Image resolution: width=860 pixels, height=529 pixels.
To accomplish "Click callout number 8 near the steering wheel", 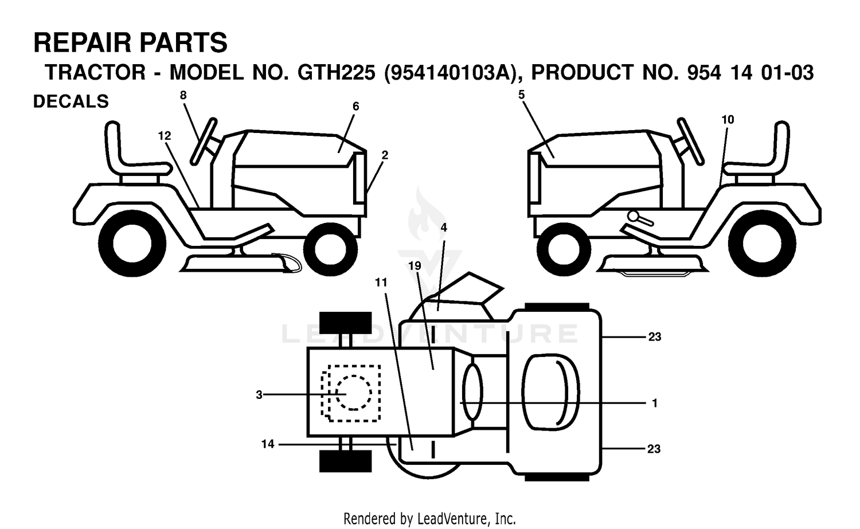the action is pyautogui.click(x=183, y=95).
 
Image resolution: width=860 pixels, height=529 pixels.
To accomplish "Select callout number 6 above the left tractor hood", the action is pyautogui.click(x=355, y=107).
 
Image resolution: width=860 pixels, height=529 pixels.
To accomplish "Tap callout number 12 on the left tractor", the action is pyautogui.click(x=165, y=135).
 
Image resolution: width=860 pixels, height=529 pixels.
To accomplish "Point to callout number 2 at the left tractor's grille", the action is pyautogui.click(x=385, y=155).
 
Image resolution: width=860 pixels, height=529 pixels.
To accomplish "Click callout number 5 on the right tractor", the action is pyautogui.click(x=521, y=95).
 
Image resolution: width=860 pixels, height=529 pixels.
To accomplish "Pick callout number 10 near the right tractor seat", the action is pyautogui.click(x=728, y=120).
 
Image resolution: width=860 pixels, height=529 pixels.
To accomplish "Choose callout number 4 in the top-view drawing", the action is pyautogui.click(x=443, y=228).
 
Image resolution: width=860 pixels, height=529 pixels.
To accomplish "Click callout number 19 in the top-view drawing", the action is pyautogui.click(x=415, y=266).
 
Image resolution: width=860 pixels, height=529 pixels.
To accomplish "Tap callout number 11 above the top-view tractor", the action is pyautogui.click(x=381, y=283).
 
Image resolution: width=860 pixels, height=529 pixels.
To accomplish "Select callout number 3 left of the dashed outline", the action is pyautogui.click(x=259, y=395).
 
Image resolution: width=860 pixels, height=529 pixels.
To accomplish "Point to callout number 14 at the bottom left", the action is pyautogui.click(x=268, y=444).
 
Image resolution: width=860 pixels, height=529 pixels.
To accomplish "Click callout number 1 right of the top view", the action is pyautogui.click(x=655, y=403).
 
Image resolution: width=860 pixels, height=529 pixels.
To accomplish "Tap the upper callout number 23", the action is pyautogui.click(x=655, y=336).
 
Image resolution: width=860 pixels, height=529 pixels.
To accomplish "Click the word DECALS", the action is pyautogui.click(x=71, y=102).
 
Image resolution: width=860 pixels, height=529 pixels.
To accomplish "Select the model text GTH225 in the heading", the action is pyautogui.click(x=337, y=73).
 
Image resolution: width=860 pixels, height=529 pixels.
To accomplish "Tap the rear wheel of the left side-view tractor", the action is pyautogui.click(x=132, y=244).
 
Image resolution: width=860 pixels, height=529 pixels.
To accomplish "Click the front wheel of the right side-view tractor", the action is pyautogui.click(x=564, y=249).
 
